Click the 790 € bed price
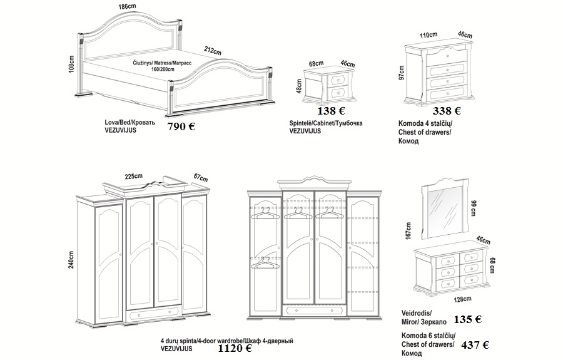click(181, 126)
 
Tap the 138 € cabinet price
click(332, 111)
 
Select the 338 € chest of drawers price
click(447, 111)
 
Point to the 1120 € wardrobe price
click(235, 347)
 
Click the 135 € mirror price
click(468, 319)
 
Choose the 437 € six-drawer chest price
click(475, 345)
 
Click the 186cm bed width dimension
click(128, 6)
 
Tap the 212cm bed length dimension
click(213, 51)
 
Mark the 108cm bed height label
click(71, 64)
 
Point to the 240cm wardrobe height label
click(71, 259)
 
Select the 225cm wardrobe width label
click(134, 177)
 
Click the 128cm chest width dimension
click(462, 299)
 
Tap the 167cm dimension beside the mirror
click(408, 230)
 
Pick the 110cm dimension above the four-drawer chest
click(429, 35)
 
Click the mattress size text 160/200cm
click(163, 69)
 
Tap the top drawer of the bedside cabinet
click(338, 79)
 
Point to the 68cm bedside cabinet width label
click(317, 64)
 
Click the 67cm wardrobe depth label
click(201, 177)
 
